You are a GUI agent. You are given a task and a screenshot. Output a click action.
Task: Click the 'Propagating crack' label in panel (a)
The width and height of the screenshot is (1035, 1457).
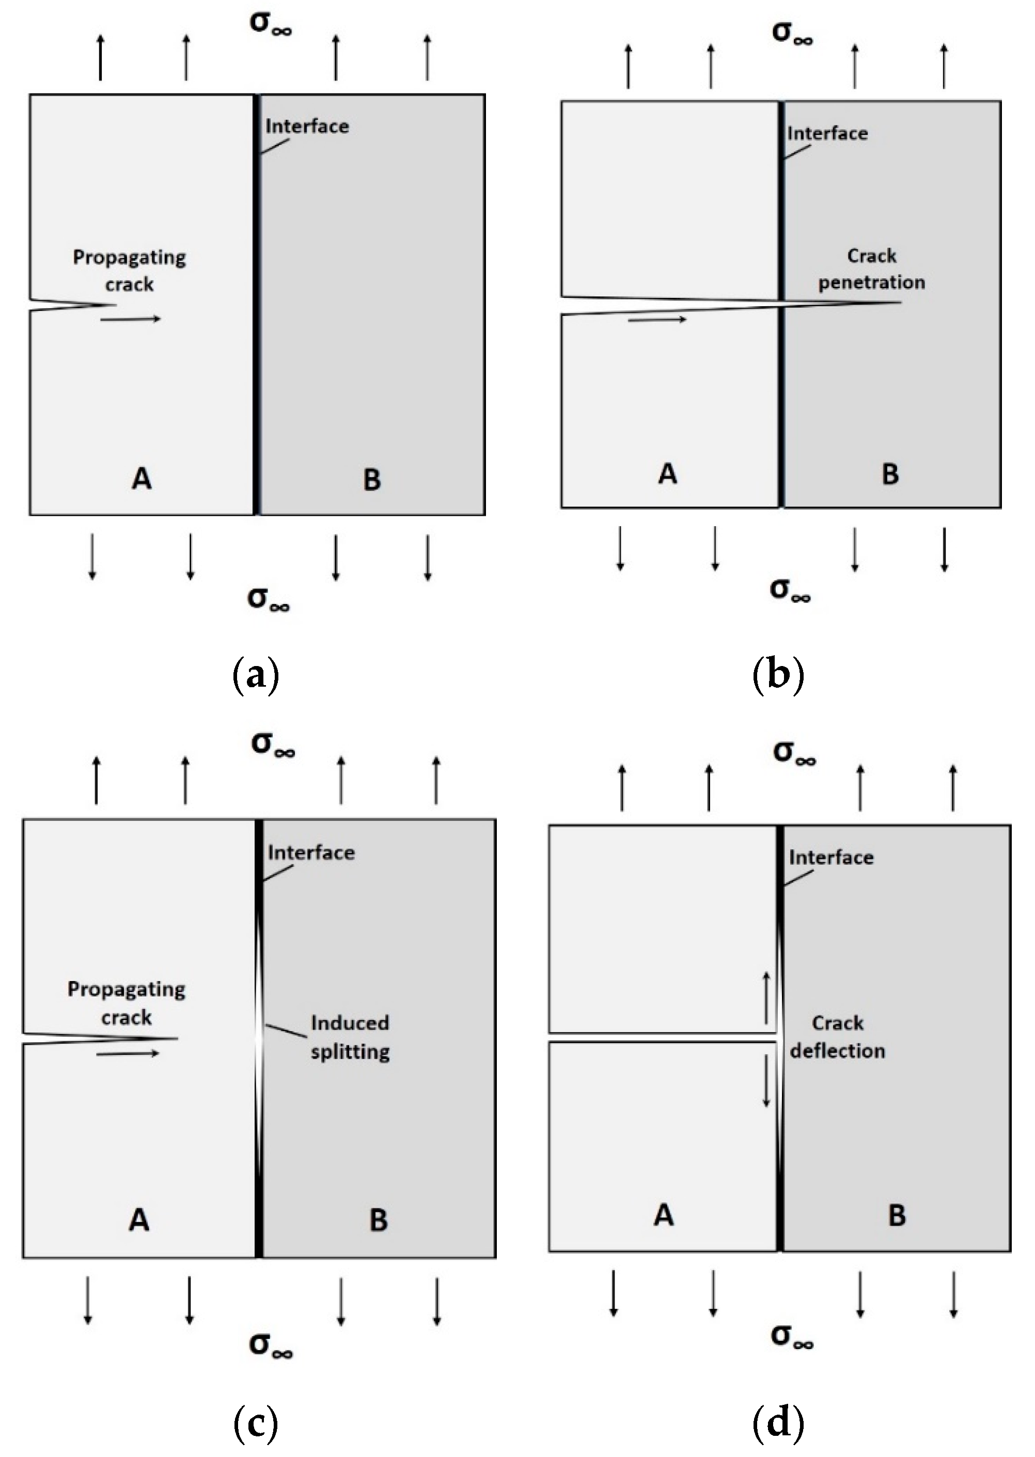tap(129, 271)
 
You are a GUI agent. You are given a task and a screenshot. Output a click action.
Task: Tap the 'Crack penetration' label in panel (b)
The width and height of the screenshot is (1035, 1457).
tap(871, 269)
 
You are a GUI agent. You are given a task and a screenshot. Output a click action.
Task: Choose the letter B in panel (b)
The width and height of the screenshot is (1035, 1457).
tap(890, 474)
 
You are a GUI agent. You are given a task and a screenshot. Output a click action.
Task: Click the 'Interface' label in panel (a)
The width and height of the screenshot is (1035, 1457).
tap(307, 126)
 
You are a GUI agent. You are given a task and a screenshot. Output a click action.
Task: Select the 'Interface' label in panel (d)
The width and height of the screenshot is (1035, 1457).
tap(831, 858)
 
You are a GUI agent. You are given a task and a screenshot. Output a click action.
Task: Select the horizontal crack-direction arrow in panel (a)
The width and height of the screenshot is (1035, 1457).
tap(131, 319)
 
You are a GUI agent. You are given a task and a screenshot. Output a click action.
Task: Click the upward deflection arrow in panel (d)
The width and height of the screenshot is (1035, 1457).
tap(766, 997)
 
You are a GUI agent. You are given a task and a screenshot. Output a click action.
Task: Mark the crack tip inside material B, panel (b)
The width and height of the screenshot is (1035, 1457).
tap(899, 302)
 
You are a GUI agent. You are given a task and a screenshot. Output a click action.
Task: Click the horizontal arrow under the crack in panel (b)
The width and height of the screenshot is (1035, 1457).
tap(657, 319)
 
